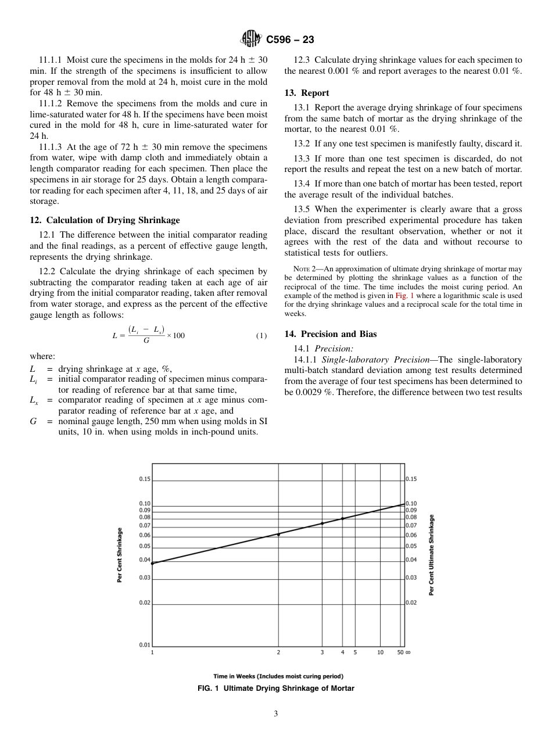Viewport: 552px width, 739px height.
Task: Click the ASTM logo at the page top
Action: (251, 40)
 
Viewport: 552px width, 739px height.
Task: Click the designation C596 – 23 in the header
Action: (290, 40)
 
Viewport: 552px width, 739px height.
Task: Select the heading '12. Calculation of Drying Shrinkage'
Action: (105, 220)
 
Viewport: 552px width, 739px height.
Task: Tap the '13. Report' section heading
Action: (306, 93)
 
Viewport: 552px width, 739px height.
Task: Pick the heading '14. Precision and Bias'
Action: (330, 334)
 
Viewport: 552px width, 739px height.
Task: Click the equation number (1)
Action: (261, 336)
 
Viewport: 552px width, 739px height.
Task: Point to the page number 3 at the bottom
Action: (276, 713)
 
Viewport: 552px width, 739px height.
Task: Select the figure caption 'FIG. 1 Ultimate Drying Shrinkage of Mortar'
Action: (276, 688)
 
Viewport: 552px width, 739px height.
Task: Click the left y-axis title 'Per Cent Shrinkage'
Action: (120, 555)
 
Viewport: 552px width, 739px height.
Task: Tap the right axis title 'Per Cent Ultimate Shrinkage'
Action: (432, 555)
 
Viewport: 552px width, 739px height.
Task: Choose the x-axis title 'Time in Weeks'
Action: (278, 676)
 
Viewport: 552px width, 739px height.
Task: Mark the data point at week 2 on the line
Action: (278, 534)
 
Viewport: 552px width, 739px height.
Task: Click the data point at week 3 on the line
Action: (322, 523)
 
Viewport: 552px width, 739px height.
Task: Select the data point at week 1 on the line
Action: (152, 563)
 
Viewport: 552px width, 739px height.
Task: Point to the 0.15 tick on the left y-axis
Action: (145, 479)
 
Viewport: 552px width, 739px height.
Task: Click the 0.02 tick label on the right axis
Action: (411, 602)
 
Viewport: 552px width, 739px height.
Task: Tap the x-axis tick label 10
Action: (380, 652)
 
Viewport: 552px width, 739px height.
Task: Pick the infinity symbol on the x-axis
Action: (408, 652)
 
